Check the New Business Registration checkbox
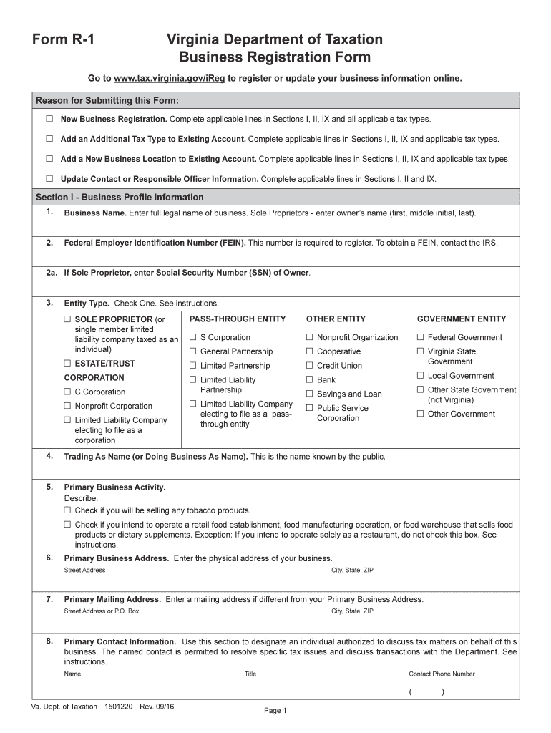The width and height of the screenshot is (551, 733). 49,119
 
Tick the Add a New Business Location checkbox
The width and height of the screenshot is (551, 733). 49,159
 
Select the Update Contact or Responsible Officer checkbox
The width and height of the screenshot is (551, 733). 49,179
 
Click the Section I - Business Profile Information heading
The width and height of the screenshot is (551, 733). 120,197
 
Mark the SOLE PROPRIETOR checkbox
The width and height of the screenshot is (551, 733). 67,319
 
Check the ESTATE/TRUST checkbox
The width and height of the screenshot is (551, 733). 67,364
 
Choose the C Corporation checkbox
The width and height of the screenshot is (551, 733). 67,392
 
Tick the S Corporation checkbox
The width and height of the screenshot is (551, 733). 192,338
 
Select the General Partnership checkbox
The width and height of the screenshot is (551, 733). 192,352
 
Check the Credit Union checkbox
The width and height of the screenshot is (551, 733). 309,366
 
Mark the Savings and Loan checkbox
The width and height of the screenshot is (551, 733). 309,394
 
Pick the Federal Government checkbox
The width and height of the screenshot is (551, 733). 421,338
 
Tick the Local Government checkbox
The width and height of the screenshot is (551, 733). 421,376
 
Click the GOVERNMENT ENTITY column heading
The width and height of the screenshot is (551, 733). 461,319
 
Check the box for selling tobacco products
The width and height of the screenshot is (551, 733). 67,511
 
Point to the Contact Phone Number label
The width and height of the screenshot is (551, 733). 442,674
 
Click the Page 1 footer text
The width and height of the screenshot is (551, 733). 275,711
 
